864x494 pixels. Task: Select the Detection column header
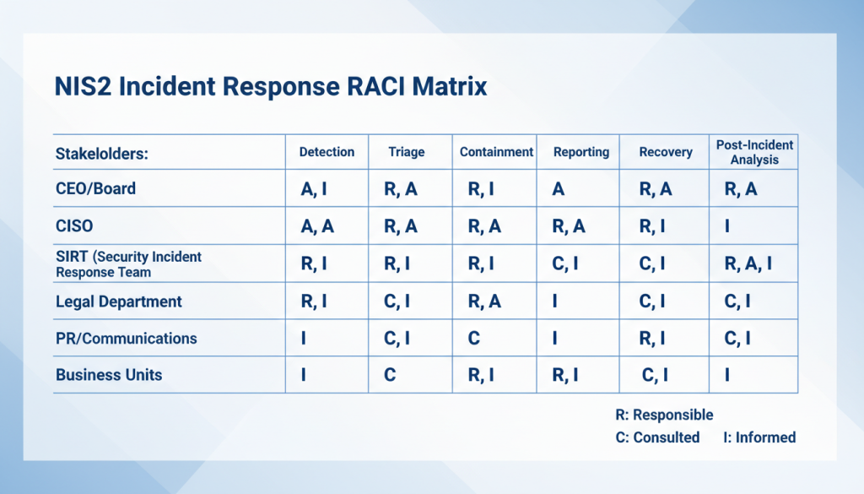(327, 152)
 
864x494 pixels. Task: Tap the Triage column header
(406, 153)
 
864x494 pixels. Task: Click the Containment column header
(496, 152)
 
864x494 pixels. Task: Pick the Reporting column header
(580, 152)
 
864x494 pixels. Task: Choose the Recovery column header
(666, 152)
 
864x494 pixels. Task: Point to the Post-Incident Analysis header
(754, 152)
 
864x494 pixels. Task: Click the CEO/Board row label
(95, 188)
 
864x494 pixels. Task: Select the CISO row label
(74, 226)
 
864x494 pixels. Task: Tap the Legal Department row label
(118, 301)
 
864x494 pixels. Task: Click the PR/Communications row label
(126, 339)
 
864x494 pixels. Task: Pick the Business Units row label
(109, 375)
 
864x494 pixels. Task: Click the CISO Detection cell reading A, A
(317, 226)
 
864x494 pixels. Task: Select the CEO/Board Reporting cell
(558, 189)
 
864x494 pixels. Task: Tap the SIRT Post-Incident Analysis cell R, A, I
(748, 264)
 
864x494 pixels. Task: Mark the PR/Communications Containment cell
(473, 339)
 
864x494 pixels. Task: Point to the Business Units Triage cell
(390, 376)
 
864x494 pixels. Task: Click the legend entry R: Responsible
(665, 415)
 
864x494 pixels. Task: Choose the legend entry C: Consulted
(658, 437)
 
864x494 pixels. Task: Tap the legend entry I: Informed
(759, 437)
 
